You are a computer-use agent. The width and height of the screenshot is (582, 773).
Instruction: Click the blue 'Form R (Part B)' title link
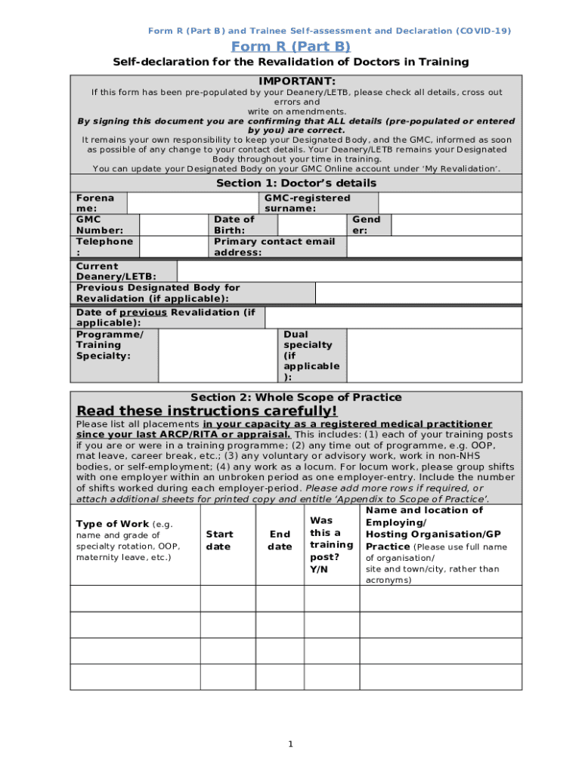(x=291, y=47)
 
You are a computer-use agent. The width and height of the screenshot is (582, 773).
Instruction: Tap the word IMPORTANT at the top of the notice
(x=296, y=81)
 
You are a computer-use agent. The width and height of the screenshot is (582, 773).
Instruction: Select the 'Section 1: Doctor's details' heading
(x=296, y=183)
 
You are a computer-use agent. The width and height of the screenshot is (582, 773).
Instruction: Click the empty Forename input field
(x=193, y=202)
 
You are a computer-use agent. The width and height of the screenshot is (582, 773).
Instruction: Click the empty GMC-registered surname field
(x=450, y=202)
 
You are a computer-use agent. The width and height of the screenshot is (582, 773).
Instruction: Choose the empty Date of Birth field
(x=311, y=225)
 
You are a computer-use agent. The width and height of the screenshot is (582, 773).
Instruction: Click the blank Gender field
(x=457, y=225)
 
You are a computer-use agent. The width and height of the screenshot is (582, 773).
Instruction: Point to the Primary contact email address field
(x=434, y=247)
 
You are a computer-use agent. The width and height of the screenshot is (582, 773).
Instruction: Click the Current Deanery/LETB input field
(x=348, y=271)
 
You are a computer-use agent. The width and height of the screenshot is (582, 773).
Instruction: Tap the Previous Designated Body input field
(x=418, y=293)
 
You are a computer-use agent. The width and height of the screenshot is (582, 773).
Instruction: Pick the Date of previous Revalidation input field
(x=393, y=317)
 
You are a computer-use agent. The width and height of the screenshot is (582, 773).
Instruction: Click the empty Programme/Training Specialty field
(x=218, y=355)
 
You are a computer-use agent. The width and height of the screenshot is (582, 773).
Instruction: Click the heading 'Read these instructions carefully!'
(x=207, y=411)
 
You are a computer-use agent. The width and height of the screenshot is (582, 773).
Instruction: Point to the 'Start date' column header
(x=219, y=540)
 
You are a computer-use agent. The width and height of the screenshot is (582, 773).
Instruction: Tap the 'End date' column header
(x=280, y=540)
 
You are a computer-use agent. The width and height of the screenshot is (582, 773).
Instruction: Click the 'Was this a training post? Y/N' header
(x=331, y=544)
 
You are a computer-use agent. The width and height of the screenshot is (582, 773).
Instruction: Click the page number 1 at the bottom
(x=291, y=745)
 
